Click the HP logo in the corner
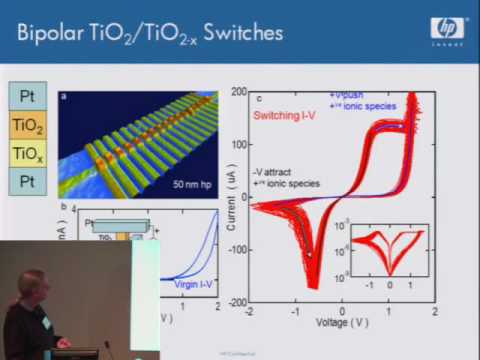point(447,30)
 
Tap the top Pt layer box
point(27,97)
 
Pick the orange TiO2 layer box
point(27,125)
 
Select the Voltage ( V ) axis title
point(341,323)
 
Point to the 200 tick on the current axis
point(240,92)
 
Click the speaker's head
point(30,287)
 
